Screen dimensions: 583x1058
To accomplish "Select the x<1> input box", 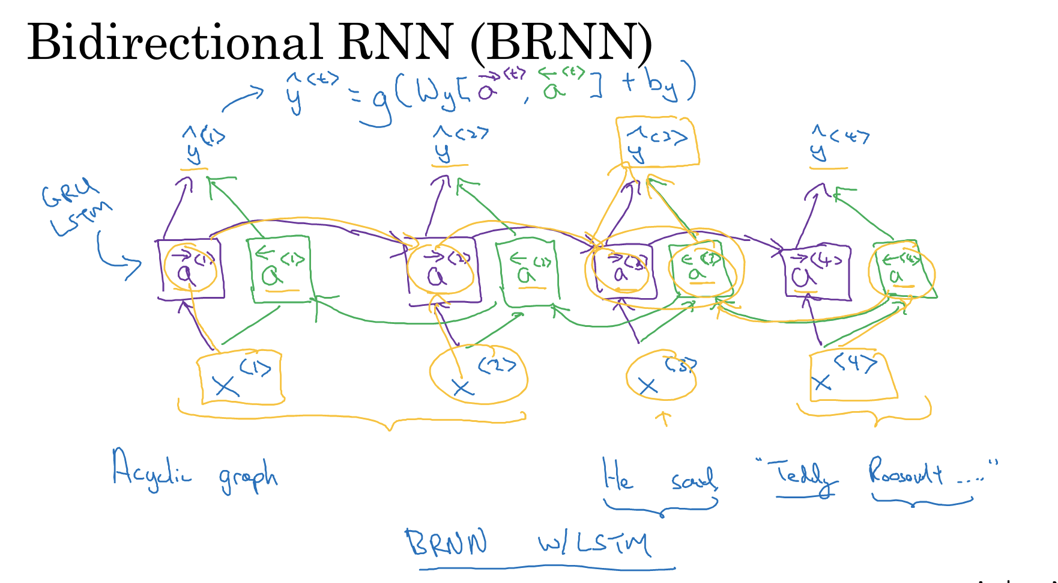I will point(240,377).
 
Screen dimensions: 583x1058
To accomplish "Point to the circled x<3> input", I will point(661,377).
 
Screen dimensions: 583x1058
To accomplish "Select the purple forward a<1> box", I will point(192,269).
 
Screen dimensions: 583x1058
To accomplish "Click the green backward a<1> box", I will point(280,270).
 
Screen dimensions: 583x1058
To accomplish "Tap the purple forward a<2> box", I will point(443,270).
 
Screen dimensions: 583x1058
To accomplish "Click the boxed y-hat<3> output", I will point(657,142).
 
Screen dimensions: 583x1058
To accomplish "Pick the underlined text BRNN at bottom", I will point(446,543).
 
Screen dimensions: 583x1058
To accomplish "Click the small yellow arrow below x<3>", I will point(664,418).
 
